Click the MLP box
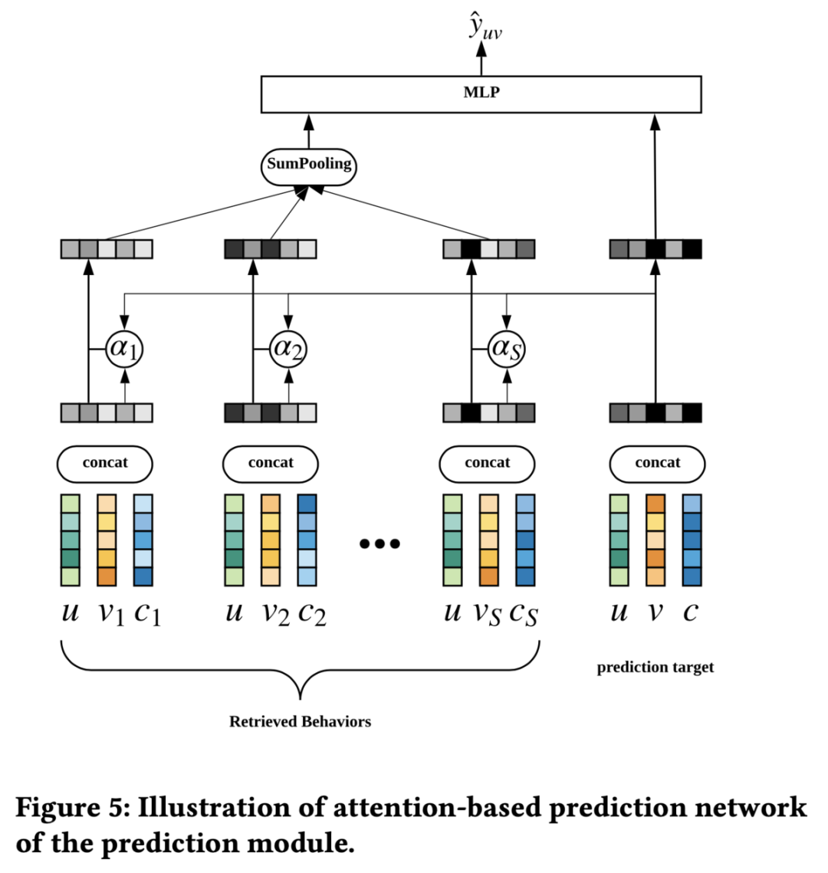(x=481, y=94)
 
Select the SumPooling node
(x=309, y=166)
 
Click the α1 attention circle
(x=125, y=349)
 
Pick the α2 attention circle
(x=288, y=349)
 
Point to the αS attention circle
(x=507, y=349)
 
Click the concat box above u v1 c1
(x=105, y=464)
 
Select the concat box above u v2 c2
(x=271, y=464)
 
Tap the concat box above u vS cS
(x=488, y=464)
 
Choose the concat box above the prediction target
(x=658, y=464)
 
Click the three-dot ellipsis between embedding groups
(x=379, y=543)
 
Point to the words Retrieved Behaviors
(x=300, y=721)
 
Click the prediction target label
(x=655, y=667)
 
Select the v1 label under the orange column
(x=111, y=614)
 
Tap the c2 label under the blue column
(x=312, y=614)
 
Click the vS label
(x=488, y=614)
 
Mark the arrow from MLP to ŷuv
(x=481, y=59)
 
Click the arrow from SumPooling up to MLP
(x=309, y=131)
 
